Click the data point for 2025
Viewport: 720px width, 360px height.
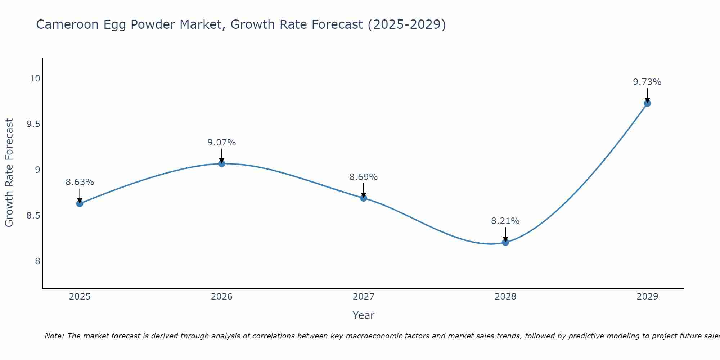pos(80,204)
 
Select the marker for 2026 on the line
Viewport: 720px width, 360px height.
pos(221,164)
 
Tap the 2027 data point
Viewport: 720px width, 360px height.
pos(363,198)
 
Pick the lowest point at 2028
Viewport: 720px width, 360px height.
pos(505,242)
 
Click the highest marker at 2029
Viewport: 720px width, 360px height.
pos(647,103)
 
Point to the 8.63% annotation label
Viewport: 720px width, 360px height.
pos(80,182)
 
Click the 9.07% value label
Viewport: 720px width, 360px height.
pos(221,143)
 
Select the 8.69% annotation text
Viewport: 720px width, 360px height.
pos(363,177)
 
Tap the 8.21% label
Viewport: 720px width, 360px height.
pos(505,221)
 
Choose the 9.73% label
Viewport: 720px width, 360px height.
pos(647,82)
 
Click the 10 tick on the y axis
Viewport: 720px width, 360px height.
pos(35,78)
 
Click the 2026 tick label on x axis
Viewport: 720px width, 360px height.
pos(221,297)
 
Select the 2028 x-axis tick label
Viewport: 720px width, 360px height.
pos(505,297)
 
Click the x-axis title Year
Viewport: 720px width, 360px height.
pos(363,315)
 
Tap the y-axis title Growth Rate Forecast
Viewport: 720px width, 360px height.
pos(9,173)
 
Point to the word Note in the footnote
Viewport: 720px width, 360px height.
pos(54,336)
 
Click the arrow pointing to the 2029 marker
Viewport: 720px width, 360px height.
pos(647,95)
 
